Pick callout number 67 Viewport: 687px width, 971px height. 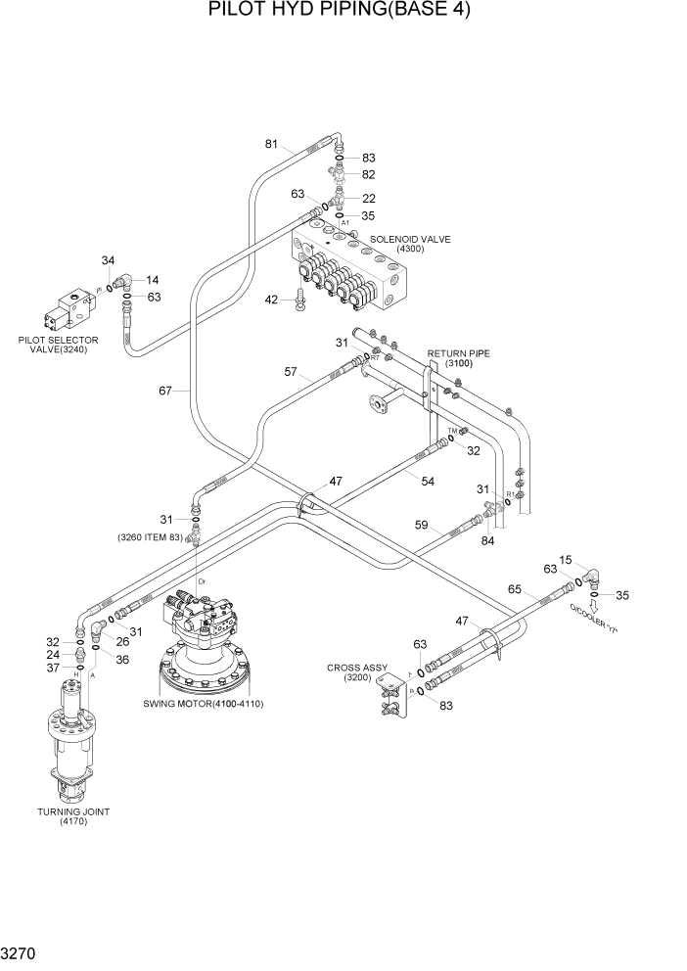pyautogui.click(x=165, y=391)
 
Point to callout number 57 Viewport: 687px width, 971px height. pyautogui.click(x=292, y=372)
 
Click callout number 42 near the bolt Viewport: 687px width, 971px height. pyautogui.click(x=273, y=301)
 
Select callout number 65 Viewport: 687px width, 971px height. pyautogui.click(x=515, y=591)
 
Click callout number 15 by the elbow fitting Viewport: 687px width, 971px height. pyautogui.click(x=565, y=560)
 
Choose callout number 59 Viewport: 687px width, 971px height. pyautogui.click(x=421, y=526)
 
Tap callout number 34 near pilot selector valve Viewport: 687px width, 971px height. pyautogui.click(x=108, y=260)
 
